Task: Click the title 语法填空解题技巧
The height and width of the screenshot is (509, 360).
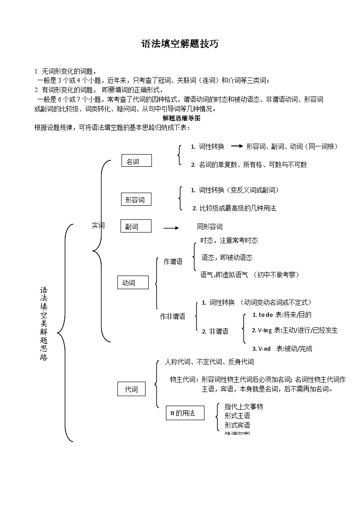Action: (180, 44)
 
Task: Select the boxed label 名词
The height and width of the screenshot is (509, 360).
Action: (136, 161)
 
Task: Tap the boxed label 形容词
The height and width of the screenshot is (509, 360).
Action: (136, 199)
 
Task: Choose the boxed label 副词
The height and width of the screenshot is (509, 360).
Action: (136, 226)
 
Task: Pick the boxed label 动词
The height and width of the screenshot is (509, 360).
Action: (132, 283)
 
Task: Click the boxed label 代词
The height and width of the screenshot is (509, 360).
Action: (131, 389)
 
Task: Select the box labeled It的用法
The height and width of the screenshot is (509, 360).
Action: (185, 413)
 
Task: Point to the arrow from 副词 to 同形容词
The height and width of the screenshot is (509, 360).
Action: (171, 228)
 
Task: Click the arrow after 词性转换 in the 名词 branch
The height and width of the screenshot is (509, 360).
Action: (237, 146)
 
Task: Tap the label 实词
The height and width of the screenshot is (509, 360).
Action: (98, 225)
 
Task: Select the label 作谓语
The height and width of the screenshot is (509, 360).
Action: (173, 262)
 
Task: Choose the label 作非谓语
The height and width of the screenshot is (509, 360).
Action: (172, 316)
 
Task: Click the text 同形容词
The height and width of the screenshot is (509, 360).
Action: (209, 226)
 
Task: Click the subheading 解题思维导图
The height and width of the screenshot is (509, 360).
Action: (181, 118)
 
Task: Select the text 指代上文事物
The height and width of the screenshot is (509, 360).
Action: (243, 407)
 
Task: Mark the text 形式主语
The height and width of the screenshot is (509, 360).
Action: (237, 416)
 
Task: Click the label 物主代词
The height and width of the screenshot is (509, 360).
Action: (183, 379)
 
